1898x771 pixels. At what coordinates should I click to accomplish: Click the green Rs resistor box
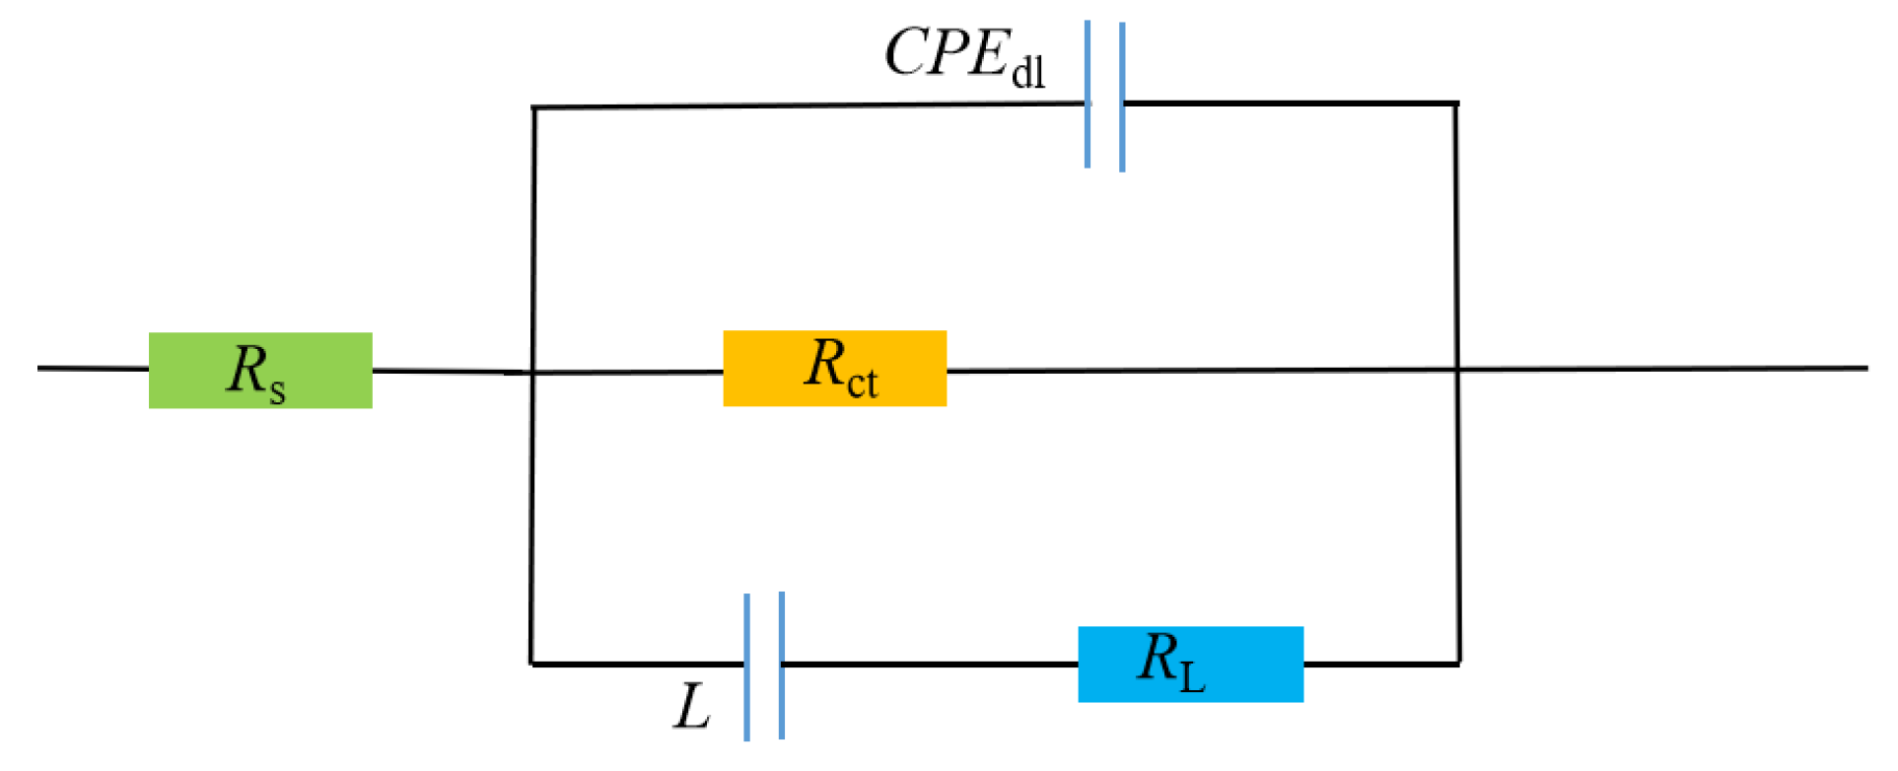[260, 371]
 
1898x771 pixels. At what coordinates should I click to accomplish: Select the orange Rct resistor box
[834, 369]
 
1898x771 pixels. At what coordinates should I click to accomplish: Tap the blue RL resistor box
[1190, 665]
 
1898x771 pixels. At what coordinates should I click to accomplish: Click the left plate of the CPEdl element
[1087, 95]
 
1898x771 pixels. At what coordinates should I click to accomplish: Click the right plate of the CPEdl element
[1122, 97]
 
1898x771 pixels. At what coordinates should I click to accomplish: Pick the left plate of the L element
[746, 666]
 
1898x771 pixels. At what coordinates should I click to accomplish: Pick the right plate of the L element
[782, 665]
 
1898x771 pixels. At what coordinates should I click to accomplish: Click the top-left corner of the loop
[533, 106]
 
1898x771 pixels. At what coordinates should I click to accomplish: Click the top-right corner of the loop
[1456, 103]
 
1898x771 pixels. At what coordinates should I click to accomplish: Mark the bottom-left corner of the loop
[531, 664]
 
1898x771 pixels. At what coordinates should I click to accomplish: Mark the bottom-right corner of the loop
[1458, 664]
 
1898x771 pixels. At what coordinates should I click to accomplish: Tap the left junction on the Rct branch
[532, 373]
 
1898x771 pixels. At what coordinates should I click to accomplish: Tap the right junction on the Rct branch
[1457, 370]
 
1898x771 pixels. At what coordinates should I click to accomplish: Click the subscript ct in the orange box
[862, 383]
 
